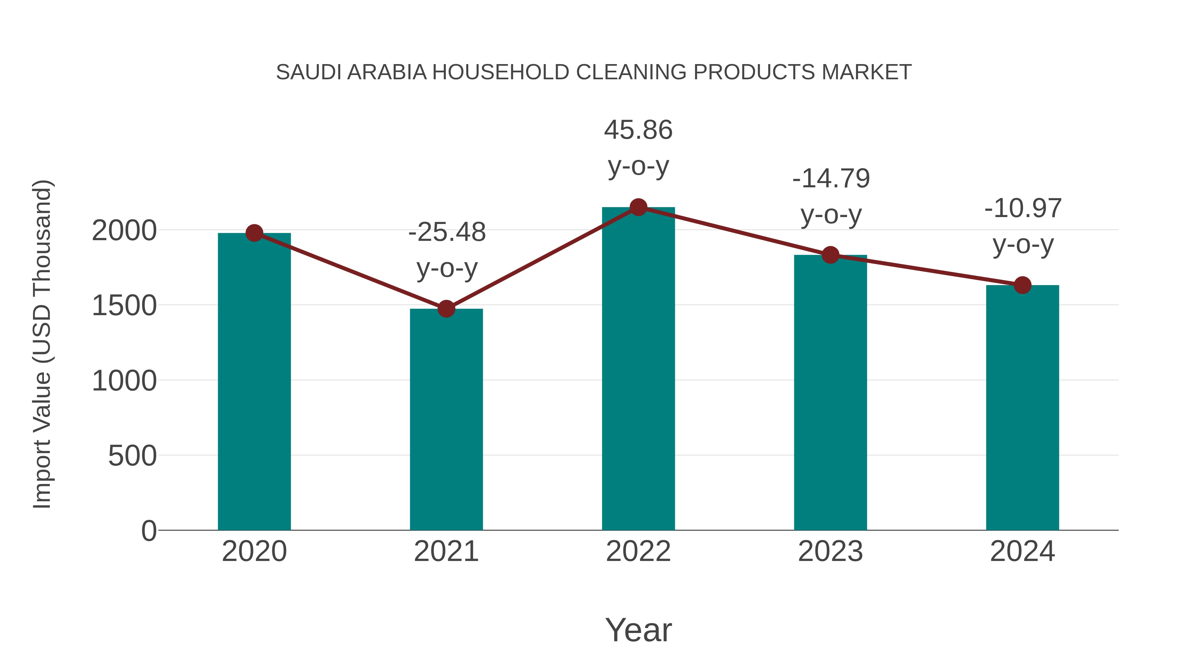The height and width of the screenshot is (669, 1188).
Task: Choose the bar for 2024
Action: pyautogui.click(x=1022, y=411)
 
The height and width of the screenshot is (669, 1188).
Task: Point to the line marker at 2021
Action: pyautogui.click(x=446, y=309)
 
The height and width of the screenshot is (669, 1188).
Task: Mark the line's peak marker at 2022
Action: pyautogui.click(x=638, y=207)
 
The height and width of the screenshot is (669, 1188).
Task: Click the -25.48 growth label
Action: pyautogui.click(x=447, y=232)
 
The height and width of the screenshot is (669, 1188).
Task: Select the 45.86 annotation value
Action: pyautogui.click(x=638, y=130)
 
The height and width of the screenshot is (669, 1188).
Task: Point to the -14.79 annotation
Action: pyautogui.click(x=831, y=179)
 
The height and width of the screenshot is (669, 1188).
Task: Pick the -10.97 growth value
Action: pyautogui.click(x=1023, y=209)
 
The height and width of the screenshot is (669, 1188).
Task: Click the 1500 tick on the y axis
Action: pyautogui.click(x=124, y=306)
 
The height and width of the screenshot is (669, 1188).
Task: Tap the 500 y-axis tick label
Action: pyautogui.click(x=132, y=456)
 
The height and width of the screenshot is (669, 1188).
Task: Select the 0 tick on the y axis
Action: pyautogui.click(x=149, y=531)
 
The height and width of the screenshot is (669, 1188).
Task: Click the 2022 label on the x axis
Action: pyautogui.click(x=638, y=551)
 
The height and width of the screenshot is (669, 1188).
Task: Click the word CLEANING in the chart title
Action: pyautogui.click(x=632, y=72)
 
